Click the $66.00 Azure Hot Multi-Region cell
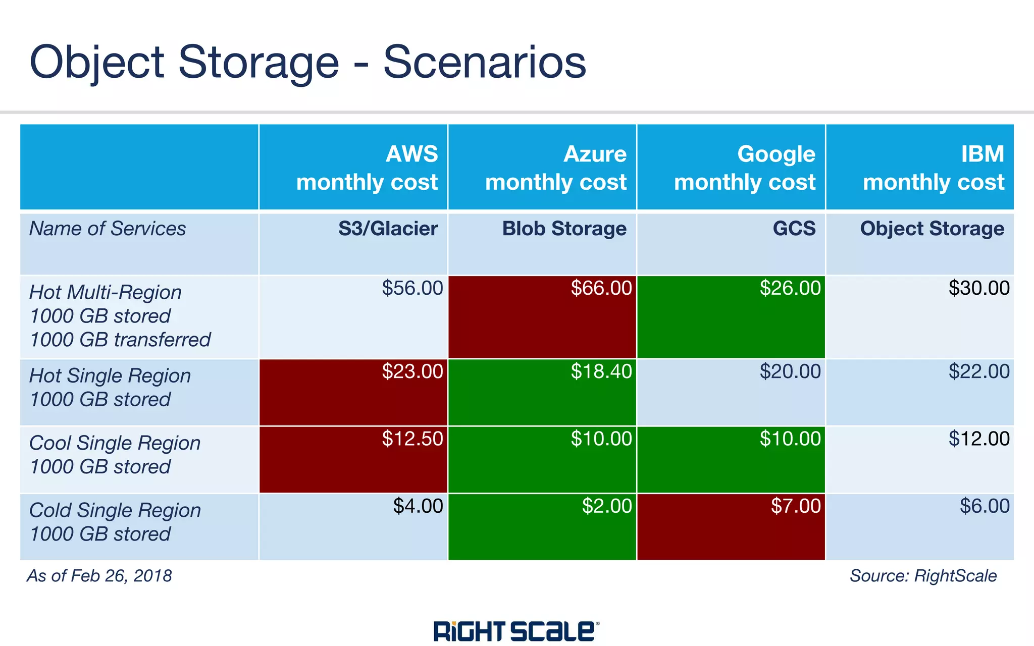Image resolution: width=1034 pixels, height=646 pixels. tap(601, 288)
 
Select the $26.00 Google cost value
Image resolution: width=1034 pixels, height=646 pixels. tap(790, 288)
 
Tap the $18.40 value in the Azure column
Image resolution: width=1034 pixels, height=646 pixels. tap(601, 372)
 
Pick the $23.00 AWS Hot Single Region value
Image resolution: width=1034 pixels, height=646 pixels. tap(412, 372)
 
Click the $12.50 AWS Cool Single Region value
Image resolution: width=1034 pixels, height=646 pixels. tap(412, 439)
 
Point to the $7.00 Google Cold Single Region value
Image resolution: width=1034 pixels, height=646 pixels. tap(796, 506)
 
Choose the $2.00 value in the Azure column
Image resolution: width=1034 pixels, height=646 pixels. tap(606, 506)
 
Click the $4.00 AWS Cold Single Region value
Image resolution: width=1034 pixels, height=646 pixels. tap(418, 506)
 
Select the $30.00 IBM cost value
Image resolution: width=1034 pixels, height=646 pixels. tap(978, 288)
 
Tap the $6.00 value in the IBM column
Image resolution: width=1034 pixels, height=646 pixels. tap(984, 506)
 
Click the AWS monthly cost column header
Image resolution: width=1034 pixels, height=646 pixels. tap(367, 168)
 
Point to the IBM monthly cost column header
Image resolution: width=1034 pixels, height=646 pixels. tap(934, 168)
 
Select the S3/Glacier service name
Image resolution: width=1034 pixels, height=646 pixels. tap(388, 229)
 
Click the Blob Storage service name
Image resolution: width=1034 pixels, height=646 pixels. tap(564, 229)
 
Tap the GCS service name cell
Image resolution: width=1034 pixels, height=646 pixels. tap(794, 229)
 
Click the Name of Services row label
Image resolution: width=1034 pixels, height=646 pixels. tap(108, 229)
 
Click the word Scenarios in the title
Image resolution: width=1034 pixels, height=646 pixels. tap(485, 62)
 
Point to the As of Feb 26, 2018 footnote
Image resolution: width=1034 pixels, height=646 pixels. tap(99, 576)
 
